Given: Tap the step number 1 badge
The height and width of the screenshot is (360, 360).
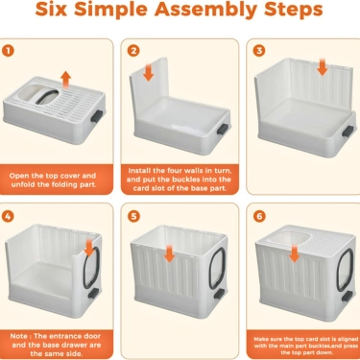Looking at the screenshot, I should click(x=10, y=50).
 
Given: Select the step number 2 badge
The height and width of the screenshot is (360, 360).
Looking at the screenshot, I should click(x=133, y=50).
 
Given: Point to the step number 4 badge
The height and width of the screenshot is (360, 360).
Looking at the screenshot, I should click(x=10, y=216).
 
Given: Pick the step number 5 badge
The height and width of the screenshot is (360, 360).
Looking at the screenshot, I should click(x=133, y=216).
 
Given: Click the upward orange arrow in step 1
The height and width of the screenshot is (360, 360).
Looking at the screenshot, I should click(x=65, y=78).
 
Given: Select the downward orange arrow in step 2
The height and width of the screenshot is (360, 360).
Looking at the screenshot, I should click(x=148, y=74).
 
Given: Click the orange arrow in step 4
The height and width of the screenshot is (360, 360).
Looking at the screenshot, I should click(x=88, y=249).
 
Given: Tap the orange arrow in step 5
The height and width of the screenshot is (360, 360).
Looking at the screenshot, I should click(x=169, y=252).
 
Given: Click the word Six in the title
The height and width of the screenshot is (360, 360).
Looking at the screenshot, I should click(x=56, y=12).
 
